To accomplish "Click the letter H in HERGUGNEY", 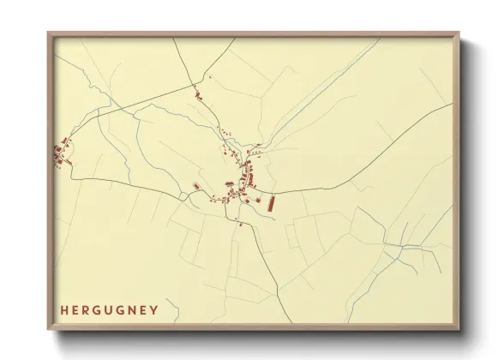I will click(x=63, y=309).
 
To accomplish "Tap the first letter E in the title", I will click(x=75, y=309).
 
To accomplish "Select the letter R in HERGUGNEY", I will click(x=87, y=309).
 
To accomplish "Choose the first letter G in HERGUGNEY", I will click(x=99, y=309).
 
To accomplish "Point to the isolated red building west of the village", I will click(x=196, y=185).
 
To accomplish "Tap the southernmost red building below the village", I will click(x=242, y=225).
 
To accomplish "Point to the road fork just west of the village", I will click(x=183, y=196).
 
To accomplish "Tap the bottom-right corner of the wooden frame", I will click(x=459, y=330).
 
